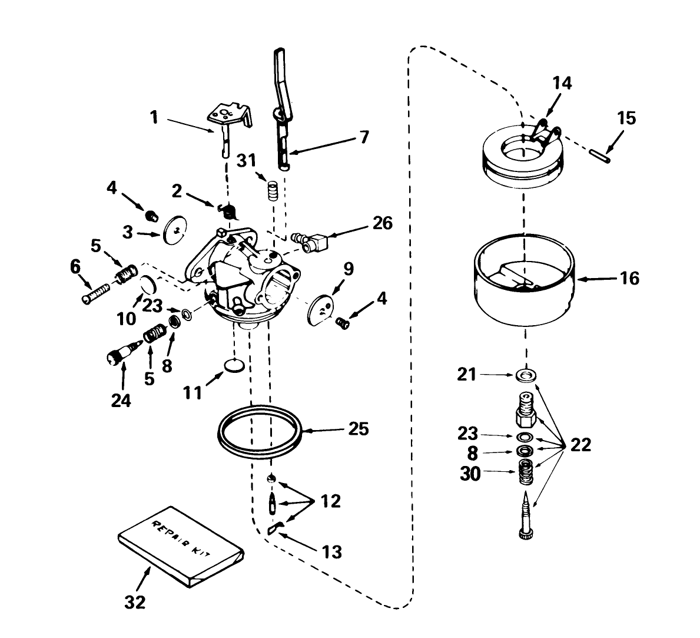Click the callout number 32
135,603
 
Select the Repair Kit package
180,545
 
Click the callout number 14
562,83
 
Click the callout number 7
363,138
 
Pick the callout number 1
154,118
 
